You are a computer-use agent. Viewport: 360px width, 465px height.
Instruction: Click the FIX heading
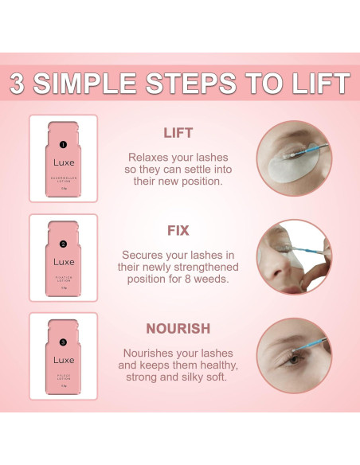pyautogui.click(x=178, y=230)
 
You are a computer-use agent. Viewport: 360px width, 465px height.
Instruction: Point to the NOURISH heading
pyautogui.click(x=179, y=329)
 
